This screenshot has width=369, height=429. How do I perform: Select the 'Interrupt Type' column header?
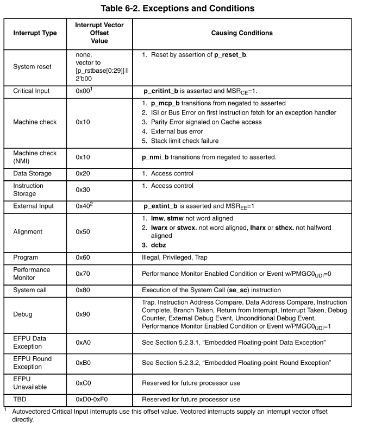(x=35, y=33)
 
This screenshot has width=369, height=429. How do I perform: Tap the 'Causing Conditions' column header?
(x=242, y=33)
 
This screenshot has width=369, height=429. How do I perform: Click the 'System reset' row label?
(x=33, y=67)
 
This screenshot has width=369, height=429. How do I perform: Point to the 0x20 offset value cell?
(x=83, y=173)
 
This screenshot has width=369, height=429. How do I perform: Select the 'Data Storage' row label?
(x=33, y=173)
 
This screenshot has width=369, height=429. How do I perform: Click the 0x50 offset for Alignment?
(x=83, y=231)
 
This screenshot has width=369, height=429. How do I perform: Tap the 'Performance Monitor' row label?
(x=32, y=273)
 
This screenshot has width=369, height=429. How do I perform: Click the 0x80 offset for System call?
(x=83, y=290)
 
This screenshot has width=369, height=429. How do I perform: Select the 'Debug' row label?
(x=23, y=314)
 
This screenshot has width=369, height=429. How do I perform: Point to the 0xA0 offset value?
(x=83, y=342)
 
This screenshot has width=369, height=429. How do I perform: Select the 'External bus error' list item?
(x=177, y=131)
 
